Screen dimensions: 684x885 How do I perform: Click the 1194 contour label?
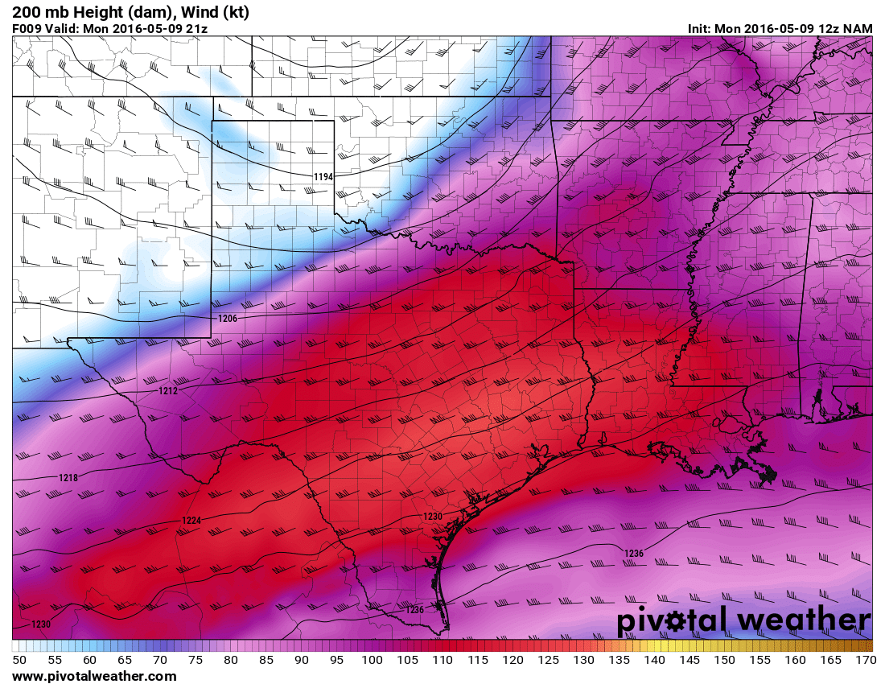323,176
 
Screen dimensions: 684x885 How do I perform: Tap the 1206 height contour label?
228,319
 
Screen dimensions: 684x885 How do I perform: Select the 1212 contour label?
168,390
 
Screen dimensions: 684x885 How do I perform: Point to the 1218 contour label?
68,478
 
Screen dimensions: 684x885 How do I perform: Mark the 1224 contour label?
191,521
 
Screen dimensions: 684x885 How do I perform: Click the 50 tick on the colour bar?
19,660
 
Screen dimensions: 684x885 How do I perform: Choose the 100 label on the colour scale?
372,660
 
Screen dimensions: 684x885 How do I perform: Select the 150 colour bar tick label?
725,660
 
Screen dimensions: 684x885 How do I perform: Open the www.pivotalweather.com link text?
94,677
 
